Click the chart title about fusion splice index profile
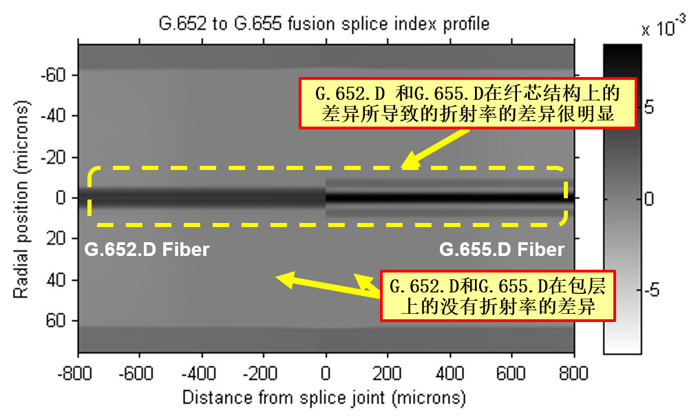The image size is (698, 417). click(x=324, y=24)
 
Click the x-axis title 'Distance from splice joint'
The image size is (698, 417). click(x=324, y=398)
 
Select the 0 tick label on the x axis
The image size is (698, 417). click(x=326, y=374)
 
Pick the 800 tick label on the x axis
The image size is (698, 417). click(x=573, y=374)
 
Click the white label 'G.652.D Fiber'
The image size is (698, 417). click(x=147, y=249)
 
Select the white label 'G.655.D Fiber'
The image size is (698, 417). click(x=502, y=249)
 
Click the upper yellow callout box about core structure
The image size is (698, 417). click(x=467, y=103)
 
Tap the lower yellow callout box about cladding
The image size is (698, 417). click(x=497, y=295)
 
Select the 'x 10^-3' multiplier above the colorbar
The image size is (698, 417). click(x=663, y=29)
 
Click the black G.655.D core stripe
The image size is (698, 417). click(x=447, y=198)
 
